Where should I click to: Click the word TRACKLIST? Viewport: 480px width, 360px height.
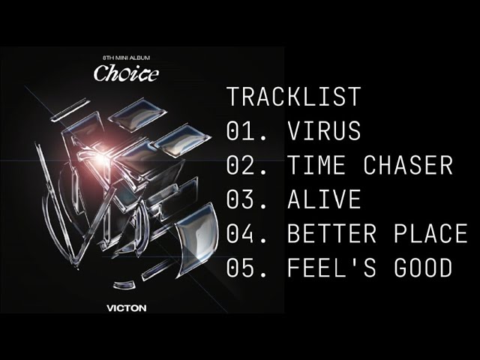pyautogui.click(x=293, y=97)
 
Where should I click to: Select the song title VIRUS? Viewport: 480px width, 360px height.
pyautogui.click(x=323, y=131)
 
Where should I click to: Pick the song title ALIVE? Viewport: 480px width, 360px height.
pyautogui.click(x=323, y=200)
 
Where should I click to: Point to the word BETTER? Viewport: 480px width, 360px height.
pyautogui.click(x=331, y=234)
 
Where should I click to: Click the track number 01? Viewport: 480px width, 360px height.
pyautogui.click(x=244, y=131)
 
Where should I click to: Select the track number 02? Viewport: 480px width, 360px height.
pyautogui.click(x=244, y=166)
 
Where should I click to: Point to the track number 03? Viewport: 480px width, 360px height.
pyautogui.click(x=244, y=200)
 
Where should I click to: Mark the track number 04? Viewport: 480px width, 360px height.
pyautogui.click(x=244, y=234)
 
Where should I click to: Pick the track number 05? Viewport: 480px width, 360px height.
pyautogui.click(x=244, y=268)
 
